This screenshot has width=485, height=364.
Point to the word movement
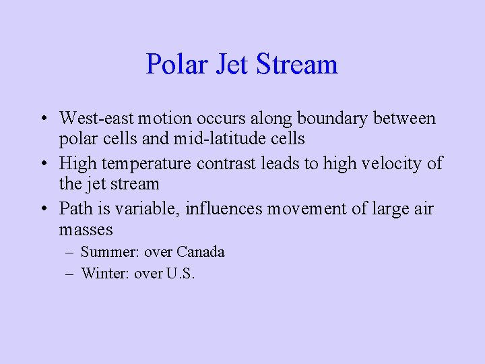click(311, 208)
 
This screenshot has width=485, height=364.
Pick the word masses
click(86, 229)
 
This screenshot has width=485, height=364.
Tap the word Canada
click(200, 252)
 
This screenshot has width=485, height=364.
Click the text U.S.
click(180, 274)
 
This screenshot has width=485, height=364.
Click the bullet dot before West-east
click(42, 119)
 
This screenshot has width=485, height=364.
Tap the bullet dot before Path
click(42, 209)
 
